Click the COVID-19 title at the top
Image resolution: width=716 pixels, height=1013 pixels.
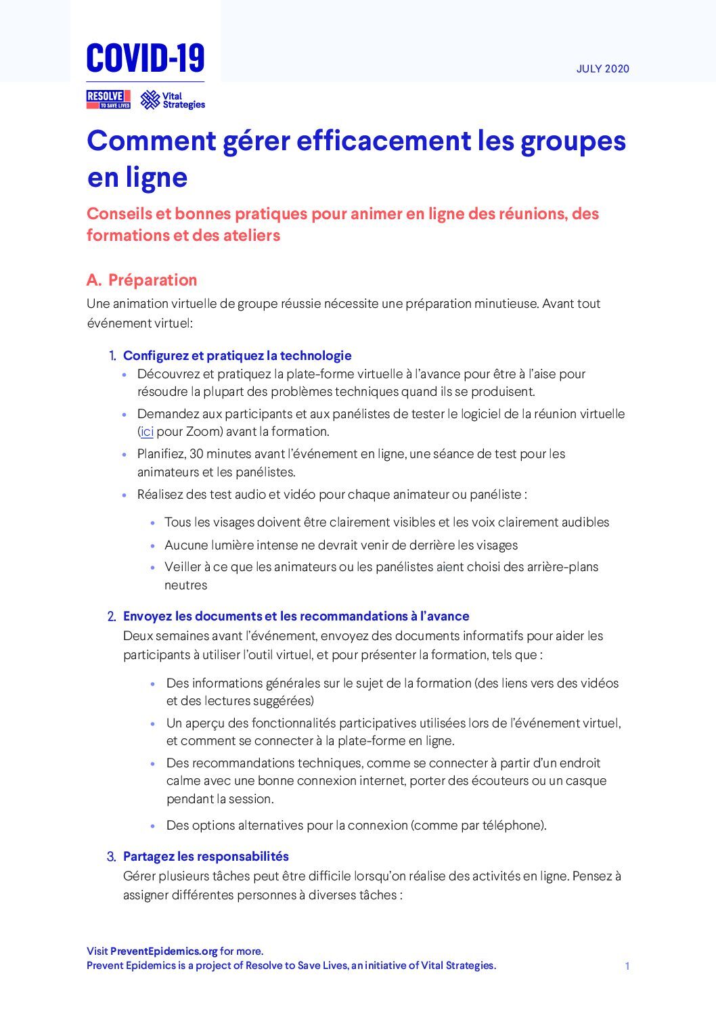(x=145, y=58)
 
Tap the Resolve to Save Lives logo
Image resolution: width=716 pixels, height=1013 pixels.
(x=108, y=99)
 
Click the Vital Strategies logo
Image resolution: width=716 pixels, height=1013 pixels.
(x=173, y=100)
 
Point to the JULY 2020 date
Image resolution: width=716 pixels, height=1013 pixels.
(x=602, y=69)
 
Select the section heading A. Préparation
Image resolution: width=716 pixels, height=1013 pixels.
(x=142, y=280)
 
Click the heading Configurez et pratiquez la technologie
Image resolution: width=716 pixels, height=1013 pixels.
(x=237, y=355)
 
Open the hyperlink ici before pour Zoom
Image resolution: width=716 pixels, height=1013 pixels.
(x=147, y=432)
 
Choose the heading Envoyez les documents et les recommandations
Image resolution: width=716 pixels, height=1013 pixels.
(x=296, y=616)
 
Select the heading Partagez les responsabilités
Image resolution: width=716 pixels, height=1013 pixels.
(x=206, y=857)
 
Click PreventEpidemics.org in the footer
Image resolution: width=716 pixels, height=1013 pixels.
(x=164, y=951)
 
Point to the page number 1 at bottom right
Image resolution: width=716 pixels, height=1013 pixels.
(x=627, y=966)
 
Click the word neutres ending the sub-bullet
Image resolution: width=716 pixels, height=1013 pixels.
(x=185, y=585)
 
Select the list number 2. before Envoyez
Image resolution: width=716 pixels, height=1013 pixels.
(x=112, y=616)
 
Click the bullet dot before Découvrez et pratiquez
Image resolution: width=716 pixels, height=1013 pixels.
(x=125, y=375)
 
